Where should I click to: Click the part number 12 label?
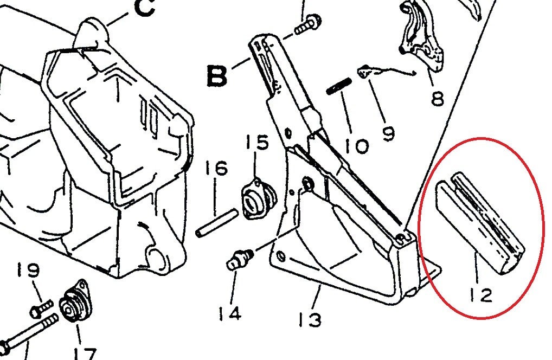[x=481, y=295]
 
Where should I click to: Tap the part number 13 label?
[x=310, y=319]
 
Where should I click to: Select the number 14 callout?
[x=229, y=313]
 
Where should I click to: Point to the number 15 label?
[x=256, y=142]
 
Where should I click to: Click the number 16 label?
[x=217, y=168]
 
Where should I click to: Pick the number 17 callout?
[x=85, y=353]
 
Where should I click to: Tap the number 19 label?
[x=28, y=270]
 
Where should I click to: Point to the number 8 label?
[x=438, y=98]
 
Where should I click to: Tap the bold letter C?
[x=144, y=8]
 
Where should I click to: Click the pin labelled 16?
[x=216, y=223]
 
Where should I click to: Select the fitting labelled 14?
[x=240, y=259]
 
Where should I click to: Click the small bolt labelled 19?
[x=42, y=308]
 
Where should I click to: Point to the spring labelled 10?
[x=339, y=86]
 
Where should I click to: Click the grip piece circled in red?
[x=480, y=222]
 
